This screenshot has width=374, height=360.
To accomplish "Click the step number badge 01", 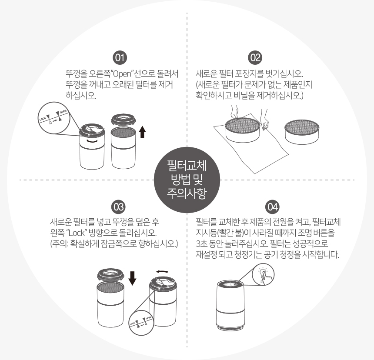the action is pyautogui.click(x=120, y=58).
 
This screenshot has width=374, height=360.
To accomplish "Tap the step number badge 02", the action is pyautogui.click(x=255, y=58).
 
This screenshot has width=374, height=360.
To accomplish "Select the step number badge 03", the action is pyautogui.click(x=119, y=207).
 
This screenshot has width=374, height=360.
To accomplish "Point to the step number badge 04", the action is pyautogui.click(x=272, y=207).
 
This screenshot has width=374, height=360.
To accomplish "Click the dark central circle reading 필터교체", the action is pyautogui.click(x=187, y=180).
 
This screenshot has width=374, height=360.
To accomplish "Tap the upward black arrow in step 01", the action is pyautogui.click(x=142, y=132).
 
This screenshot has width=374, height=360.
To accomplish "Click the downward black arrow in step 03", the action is pyautogui.click(x=132, y=278).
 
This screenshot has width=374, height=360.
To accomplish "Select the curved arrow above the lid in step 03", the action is pyautogui.click(x=162, y=272).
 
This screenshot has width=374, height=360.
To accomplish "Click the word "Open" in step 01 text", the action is pyautogui.click(x=122, y=74).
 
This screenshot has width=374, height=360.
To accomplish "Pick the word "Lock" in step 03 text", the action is pyautogui.click(x=77, y=233).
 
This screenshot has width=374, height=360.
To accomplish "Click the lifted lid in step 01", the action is pyautogui.click(x=124, y=120).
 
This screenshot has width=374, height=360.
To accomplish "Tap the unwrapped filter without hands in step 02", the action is pyautogui.click(x=302, y=132).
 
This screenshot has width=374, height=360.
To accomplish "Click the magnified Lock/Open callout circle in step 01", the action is pyautogui.click(x=54, y=118).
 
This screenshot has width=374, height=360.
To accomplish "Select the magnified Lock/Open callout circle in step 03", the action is pyautogui.click(x=141, y=323).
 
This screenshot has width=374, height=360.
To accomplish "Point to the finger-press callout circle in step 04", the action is pyautogui.click(x=263, y=274).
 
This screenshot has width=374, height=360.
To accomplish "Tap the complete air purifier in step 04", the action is pyautogui.click(x=230, y=305).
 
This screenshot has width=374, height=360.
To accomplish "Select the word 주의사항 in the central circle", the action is pyautogui.click(x=187, y=193).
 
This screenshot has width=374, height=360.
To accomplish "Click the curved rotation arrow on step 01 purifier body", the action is pyautogui.click(x=92, y=141).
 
